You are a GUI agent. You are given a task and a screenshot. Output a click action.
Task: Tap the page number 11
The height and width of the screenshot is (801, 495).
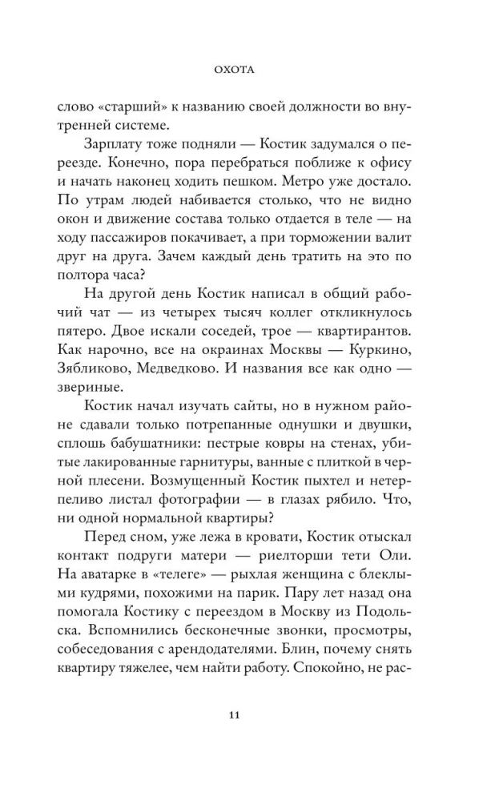[247, 716]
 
